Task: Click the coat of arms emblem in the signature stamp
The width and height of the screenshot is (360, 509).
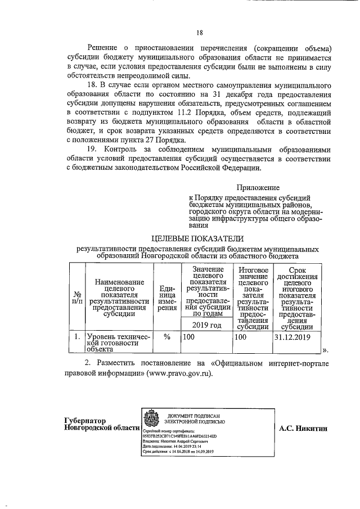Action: [150, 420]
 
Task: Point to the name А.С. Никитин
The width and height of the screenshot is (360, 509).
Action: [303, 428]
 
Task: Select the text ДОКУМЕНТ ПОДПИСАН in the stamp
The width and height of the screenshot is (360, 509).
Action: [196, 414]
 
